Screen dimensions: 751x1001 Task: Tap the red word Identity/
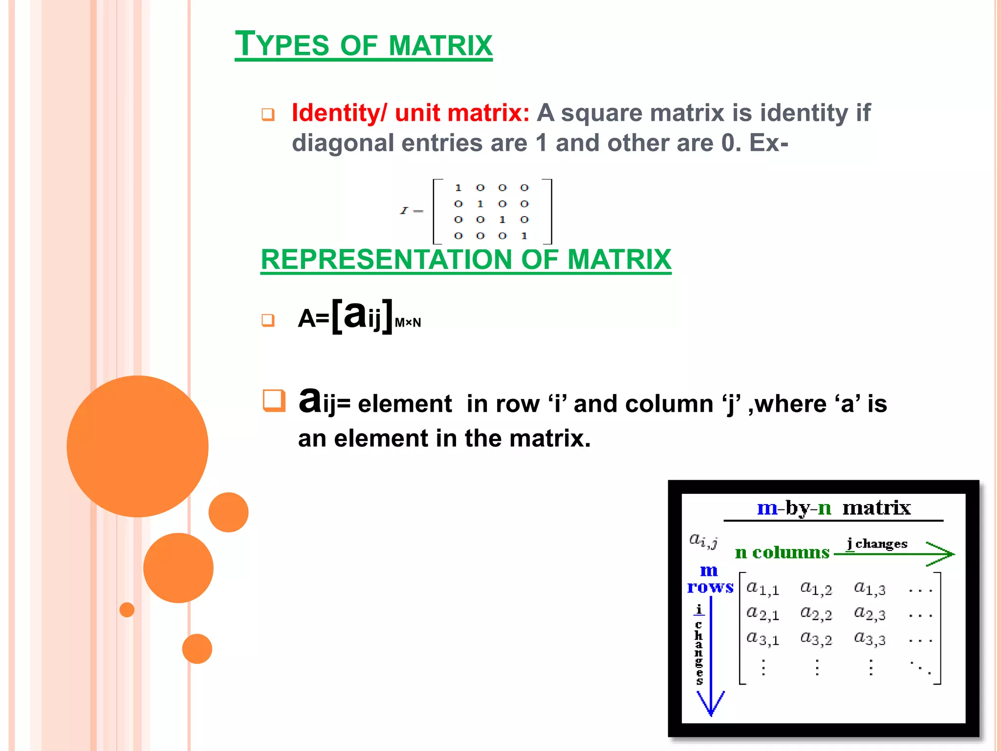click(340, 113)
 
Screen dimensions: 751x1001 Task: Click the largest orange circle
click(137, 446)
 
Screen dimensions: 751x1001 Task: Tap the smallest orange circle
click(127, 610)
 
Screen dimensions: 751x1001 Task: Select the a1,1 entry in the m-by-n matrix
click(762, 589)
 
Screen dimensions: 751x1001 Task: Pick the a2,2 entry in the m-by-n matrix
click(816, 614)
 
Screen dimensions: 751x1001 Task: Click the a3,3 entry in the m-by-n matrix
click(870, 639)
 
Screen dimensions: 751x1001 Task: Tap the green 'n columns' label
click(782, 552)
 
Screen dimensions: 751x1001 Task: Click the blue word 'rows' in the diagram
click(710, 587)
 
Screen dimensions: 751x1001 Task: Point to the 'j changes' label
click(877, 544)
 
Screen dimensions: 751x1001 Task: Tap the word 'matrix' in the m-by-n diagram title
click(876, 508)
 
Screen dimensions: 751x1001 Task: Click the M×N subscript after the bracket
click(408, 323)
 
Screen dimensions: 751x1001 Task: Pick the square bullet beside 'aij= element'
click(273, 400)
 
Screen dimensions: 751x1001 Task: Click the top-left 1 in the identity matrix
click(458, 188)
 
